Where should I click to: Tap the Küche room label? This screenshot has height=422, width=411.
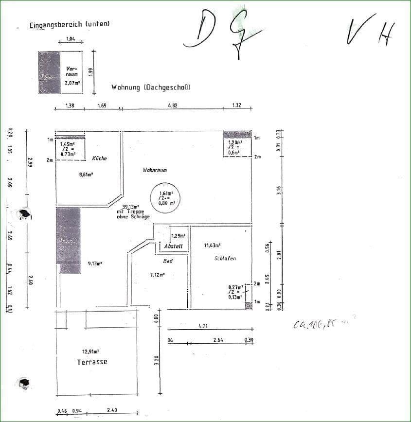tap(99, 158)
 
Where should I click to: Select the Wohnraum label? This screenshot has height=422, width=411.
tap(155, 170)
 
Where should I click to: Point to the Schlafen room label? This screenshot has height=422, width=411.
tap(225, 258)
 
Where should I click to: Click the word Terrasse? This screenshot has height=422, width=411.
tap(92, 362)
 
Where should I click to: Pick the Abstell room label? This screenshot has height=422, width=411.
tap(174, 246)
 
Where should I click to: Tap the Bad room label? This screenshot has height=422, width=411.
tap(168, 261)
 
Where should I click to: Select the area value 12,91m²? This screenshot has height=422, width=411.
tap(91, 351)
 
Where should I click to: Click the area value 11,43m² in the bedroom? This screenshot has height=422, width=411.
tap(213, 246)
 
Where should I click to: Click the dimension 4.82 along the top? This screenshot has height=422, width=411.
tap(172, 105)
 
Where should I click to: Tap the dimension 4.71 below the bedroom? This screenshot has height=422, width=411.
tap(203, 326)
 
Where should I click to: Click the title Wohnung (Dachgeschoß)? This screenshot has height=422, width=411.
tap(150, 88)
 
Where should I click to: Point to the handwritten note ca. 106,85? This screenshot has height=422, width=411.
tap(321, 323)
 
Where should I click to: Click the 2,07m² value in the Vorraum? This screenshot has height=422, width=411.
tap(72, 83)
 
